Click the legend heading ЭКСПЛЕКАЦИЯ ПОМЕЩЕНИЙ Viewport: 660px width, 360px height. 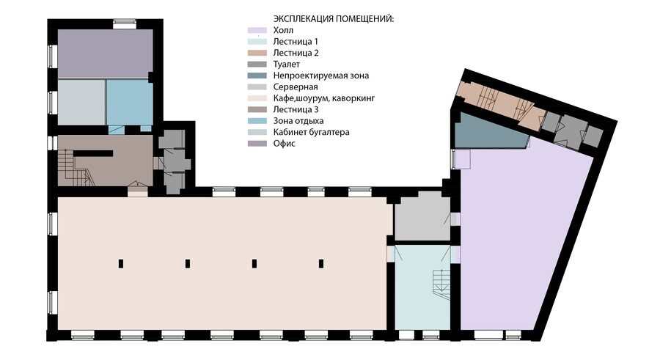point(334,19)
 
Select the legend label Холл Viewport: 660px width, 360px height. point(283,30)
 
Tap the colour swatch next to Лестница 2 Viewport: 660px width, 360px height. point(257,53)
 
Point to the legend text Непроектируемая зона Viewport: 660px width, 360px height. point(321,76)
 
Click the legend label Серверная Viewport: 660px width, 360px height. point(296,87)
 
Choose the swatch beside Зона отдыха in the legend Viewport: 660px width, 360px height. point(257,121)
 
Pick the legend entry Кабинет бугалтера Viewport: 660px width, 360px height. point(312,132)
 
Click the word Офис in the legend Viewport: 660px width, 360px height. point(285,144)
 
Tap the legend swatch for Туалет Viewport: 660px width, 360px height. point(257,65)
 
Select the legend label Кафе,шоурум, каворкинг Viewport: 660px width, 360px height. point(324,98)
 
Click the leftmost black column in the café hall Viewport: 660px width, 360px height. point(121,263)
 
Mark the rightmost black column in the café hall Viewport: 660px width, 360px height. point(321,263)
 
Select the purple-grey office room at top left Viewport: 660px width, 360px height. point(105,54)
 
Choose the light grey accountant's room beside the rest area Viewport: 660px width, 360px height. point(81,103)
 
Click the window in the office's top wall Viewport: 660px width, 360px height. point(125,24)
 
